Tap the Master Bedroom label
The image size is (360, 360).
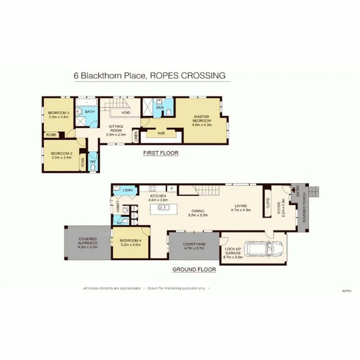[x=202, y=121]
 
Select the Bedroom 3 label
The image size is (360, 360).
[x=59, y=114]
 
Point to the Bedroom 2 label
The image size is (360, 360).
[x=61, y=155]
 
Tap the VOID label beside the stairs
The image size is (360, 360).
[x=126, y=113]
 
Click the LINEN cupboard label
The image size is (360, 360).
[x=136, y=136]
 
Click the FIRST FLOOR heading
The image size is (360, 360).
[x=161, y=153]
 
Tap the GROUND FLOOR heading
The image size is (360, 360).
[x=194, y=270]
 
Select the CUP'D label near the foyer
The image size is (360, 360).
[x=268, y=203]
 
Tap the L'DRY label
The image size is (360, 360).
[x=128, y=190]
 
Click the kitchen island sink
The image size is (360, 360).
[x=163, y=207]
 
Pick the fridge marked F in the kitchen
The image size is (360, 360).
[x=172, y=188]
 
